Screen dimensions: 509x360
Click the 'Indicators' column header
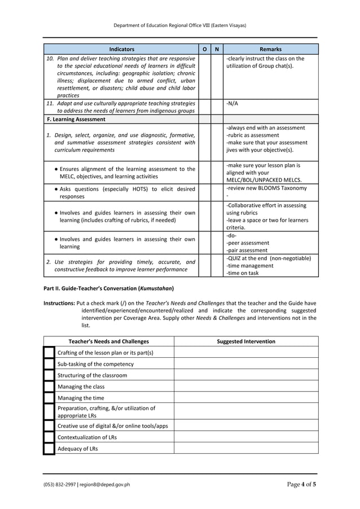pos(121,49)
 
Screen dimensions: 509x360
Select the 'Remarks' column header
pos(270,49)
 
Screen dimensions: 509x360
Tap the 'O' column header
pos(204,49)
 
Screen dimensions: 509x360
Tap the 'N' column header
pos(217,49)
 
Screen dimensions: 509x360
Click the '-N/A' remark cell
pos(232,103)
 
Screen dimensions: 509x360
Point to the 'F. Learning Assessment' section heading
pos(76,119)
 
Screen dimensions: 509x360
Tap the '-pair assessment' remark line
pos(248,250)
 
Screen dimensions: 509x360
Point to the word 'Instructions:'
pos(59,303)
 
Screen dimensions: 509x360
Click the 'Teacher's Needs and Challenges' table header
pos(109,341)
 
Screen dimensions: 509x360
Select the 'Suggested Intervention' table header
pos(246,341)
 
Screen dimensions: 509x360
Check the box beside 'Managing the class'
pos(49,387)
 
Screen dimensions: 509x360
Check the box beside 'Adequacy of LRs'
pos(49,449)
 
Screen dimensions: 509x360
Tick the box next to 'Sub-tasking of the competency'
pos(49,364)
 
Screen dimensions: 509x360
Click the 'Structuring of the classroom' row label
pos(93,375)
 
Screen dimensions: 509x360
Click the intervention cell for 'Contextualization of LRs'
pos(246,437)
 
